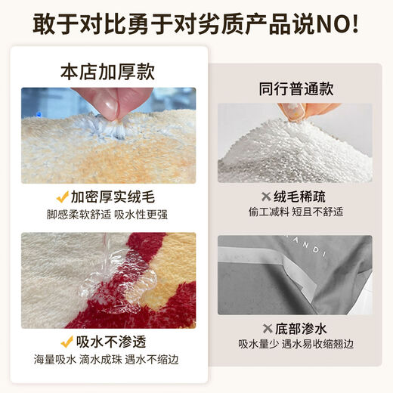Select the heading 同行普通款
[294, 86]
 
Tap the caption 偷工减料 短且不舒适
[295, 213]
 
